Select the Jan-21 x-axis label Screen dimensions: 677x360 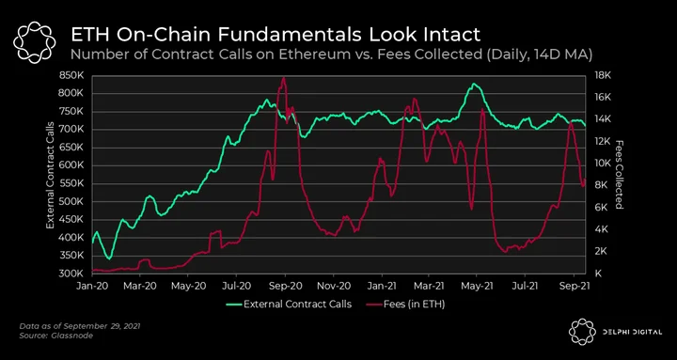[382, 286]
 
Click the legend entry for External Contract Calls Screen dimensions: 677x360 [289, 304]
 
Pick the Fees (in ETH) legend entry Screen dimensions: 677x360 [406, 304]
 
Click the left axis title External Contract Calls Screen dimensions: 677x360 [50, 175]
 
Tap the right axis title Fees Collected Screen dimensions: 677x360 [620, 175]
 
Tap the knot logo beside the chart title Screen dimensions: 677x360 [34, 41]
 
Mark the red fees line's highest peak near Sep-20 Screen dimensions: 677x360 [283, 78]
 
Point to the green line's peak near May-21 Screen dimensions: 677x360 [474, 84]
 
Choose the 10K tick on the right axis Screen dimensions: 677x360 [602, 164]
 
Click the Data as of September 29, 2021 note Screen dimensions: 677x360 [80, 326]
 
